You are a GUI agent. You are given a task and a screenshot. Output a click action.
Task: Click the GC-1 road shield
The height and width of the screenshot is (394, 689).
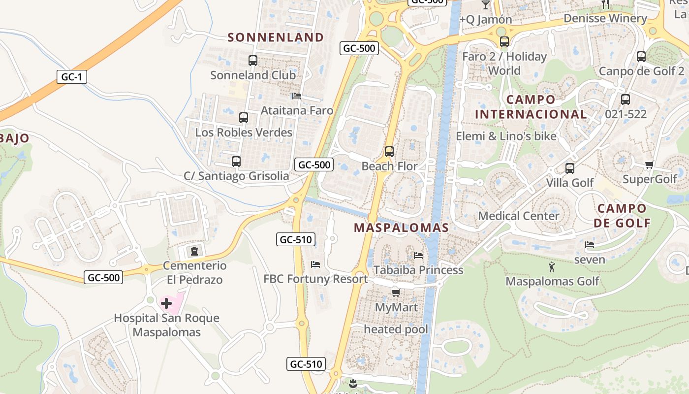tap(71, 77)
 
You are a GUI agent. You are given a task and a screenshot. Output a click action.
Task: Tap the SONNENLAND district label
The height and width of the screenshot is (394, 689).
tap(276, 37)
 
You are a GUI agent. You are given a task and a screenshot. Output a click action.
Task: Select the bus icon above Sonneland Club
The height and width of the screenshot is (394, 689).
tap(253, 61)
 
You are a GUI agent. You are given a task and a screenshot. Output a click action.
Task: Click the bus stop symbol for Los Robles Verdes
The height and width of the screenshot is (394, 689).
tap(244, 118)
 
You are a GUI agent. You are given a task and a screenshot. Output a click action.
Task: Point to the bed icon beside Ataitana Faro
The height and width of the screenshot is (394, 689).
tap(296, 96)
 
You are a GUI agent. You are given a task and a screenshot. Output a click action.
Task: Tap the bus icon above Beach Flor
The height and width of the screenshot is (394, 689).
tap(389, 151)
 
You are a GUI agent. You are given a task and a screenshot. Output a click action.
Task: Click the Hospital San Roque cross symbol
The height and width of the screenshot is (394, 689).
tap(166, 303)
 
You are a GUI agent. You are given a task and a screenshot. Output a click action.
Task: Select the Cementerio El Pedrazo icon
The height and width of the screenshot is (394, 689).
tap(194, 251)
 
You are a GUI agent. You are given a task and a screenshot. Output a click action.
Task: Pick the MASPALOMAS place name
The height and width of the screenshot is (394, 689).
tap(401, 228)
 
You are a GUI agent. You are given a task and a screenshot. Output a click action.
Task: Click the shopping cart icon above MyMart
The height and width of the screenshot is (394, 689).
tap(396, 293)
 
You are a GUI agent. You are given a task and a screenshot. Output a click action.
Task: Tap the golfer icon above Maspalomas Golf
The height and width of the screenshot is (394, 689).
tap(552, 267)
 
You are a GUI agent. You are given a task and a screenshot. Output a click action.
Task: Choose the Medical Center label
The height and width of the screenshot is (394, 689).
tap(519, 216)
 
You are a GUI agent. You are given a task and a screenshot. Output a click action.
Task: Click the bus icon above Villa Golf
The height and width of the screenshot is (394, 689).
tap(570, 168)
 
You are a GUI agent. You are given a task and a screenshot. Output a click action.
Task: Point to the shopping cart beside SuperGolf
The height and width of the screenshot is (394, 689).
tap(649, 164)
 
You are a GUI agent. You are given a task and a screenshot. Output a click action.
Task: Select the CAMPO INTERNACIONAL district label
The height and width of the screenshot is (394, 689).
tap(531, 107)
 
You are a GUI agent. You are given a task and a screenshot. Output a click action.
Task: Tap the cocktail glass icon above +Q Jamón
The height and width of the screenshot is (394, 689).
tap(486, 5)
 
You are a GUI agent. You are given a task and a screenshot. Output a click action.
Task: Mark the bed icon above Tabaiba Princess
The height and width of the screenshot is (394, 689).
tap(418, 255)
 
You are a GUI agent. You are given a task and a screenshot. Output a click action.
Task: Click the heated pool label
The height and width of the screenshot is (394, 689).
tap(396, 329)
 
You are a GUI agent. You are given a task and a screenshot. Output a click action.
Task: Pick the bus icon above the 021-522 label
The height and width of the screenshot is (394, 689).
tap(626, 99)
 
